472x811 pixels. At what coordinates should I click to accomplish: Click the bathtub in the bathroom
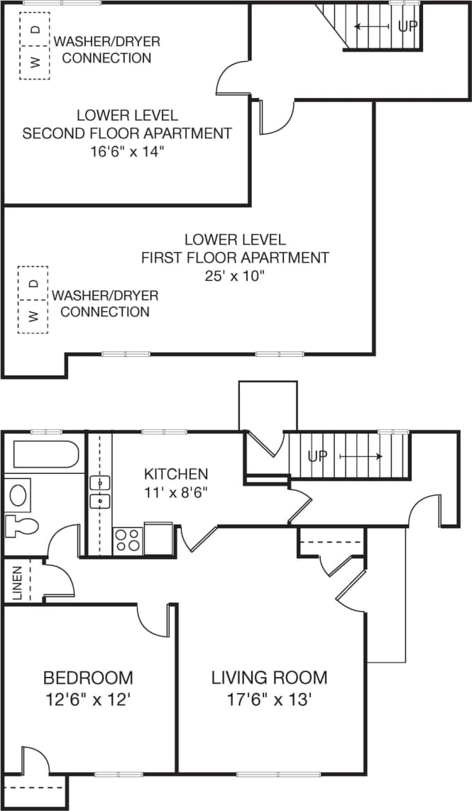[44, 455]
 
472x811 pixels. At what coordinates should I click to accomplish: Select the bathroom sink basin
[19, 492]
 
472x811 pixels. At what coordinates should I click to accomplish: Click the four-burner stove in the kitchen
[127, 539]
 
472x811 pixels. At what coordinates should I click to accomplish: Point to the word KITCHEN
[176, 473]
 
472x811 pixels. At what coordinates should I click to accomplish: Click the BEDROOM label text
[87, 677]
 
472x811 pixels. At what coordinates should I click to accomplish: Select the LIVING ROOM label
[270, 677]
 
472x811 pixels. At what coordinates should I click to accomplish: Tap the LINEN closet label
[17, 582]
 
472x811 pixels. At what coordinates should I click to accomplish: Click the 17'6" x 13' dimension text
[270, 700]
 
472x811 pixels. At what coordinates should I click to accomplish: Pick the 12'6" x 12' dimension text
[87, 700]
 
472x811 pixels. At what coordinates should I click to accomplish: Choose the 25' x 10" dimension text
[234, 275]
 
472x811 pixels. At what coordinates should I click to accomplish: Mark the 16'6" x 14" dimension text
[127, 151]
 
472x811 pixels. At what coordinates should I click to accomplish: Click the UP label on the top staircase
[407, 26]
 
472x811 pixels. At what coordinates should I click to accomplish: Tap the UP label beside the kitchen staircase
[318, 456]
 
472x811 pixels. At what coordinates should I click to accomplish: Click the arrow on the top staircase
[372, 26]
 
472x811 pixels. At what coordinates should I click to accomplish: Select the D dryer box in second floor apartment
[35, 30]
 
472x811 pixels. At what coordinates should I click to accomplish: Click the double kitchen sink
[101, 492]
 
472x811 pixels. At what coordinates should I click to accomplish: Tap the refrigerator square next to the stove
[158, 538]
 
